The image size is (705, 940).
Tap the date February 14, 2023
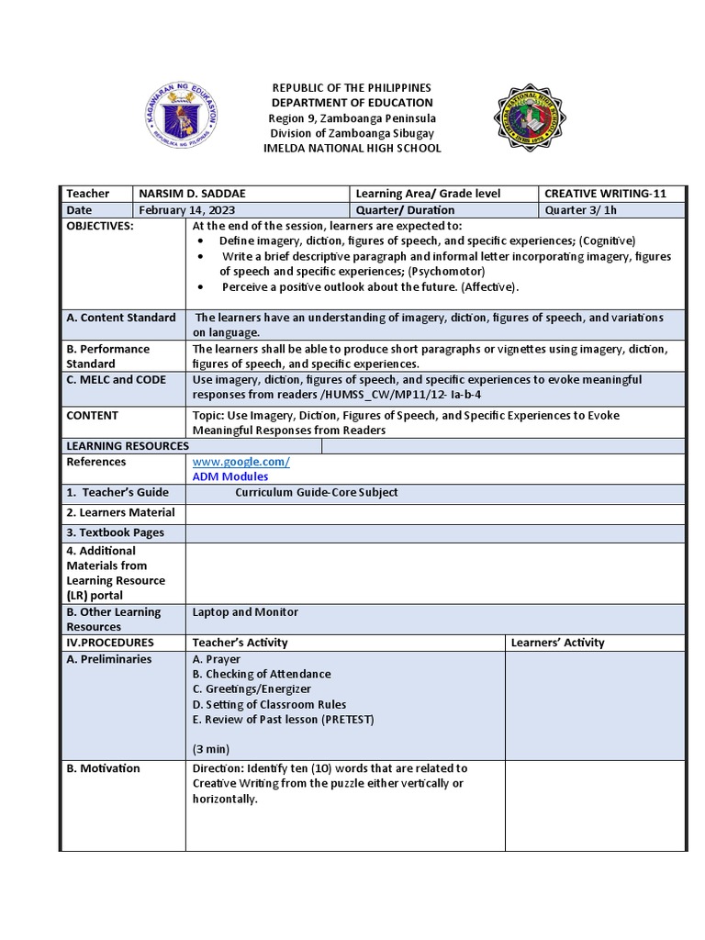pos(184,210)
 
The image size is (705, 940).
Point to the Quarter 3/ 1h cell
pos(581,210)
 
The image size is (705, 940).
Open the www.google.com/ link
pos(241,462)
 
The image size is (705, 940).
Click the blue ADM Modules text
pos(230,476)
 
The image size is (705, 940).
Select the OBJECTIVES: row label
pos(100,226)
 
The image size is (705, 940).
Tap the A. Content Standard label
pos(120,318)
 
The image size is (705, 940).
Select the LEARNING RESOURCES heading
pos(128,446)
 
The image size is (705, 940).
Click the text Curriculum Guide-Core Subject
pos(316,492)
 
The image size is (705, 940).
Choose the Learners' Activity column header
pos(557,643)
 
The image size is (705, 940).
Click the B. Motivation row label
pos(103,768)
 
